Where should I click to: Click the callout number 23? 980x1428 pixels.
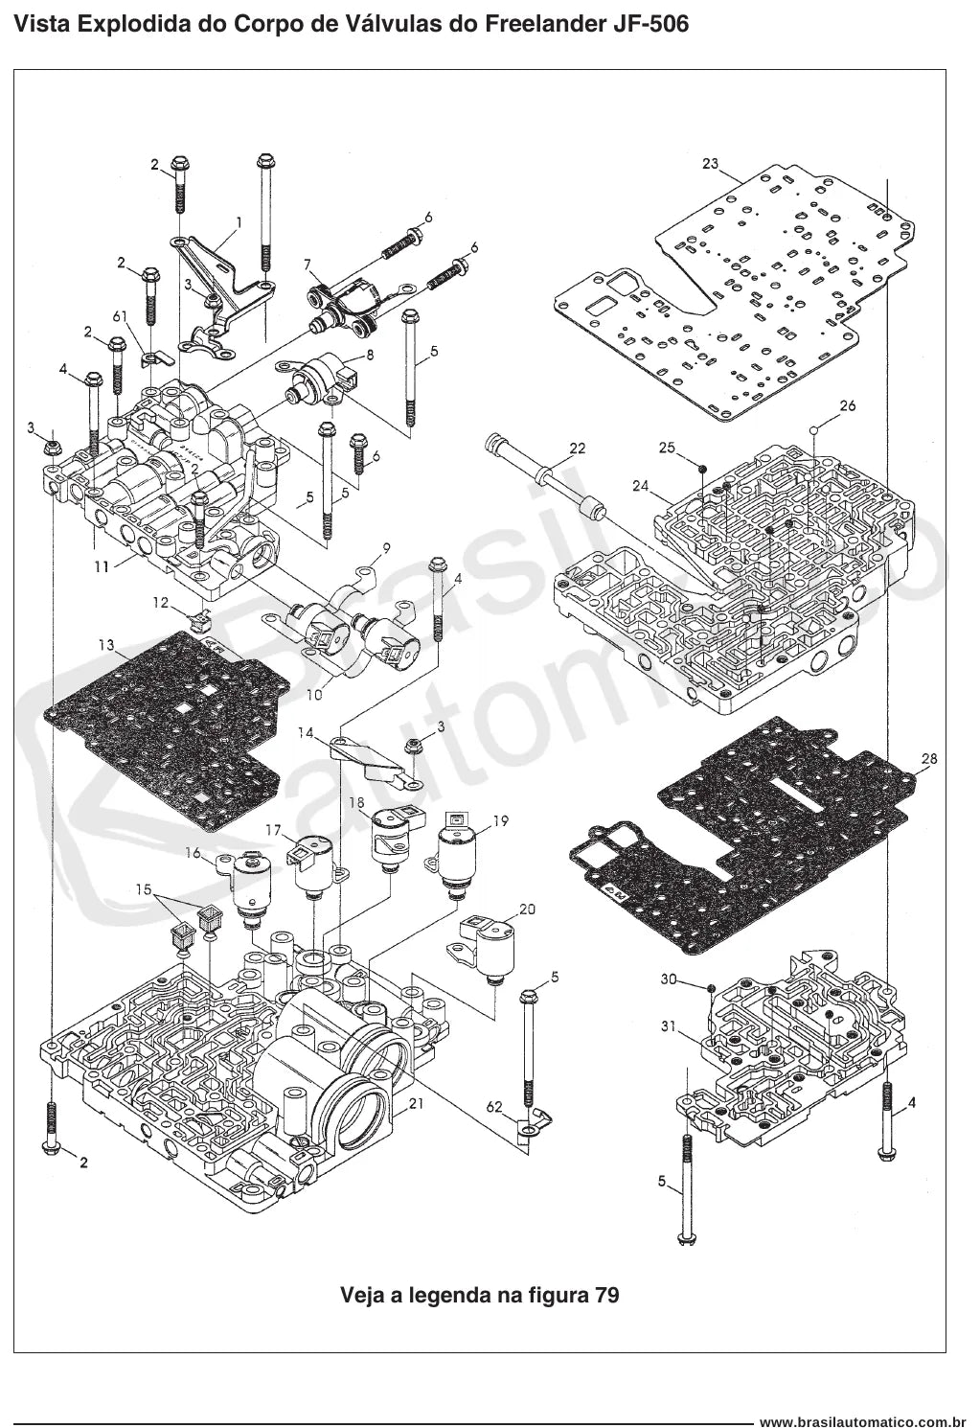[711, 163]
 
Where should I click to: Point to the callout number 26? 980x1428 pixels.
[848, 405]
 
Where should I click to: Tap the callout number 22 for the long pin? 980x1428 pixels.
[578, 449]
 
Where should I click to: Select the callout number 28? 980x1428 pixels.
[929, 759]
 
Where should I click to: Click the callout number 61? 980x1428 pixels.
[121, 316]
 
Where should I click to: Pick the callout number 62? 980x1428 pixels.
[494, 1107]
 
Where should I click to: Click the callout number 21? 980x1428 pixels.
[416, 1103]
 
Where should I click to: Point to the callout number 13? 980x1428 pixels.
[106, 645]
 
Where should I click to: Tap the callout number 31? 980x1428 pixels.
[668, 1026]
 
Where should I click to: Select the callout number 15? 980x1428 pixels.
[144, 888]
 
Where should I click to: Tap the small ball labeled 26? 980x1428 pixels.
[813, 430]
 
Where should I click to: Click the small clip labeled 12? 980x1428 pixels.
[198, 618]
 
